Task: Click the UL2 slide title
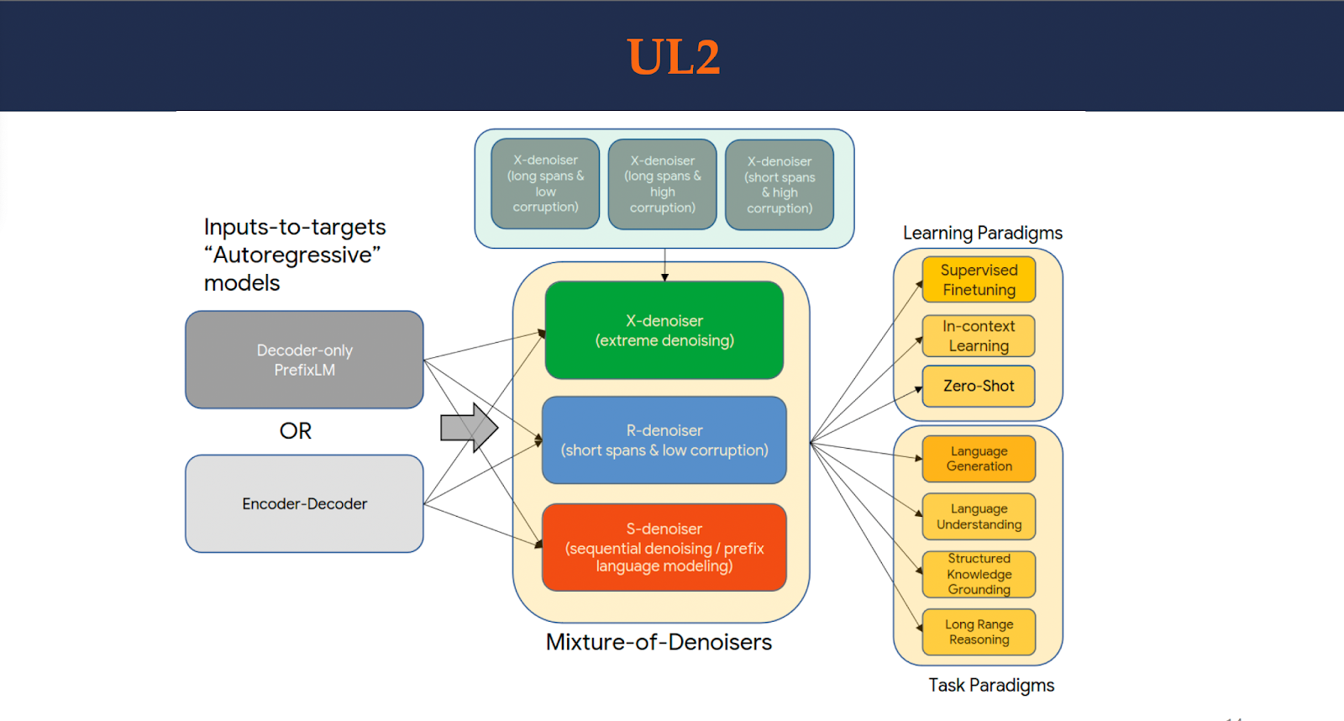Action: pos(673,57)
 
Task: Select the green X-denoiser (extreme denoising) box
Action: pos(664,330)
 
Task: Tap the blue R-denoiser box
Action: pos(664,440)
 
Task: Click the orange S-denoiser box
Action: pos(664,547)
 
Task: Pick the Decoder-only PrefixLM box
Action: pos(304,360)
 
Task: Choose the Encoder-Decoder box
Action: pos(304,503)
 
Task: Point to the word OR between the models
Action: pos(295,431)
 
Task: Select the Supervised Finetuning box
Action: pos(979,280)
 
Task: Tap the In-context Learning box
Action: pos(979,336)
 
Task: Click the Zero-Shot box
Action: pos(979,386)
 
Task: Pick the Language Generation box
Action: pos(979,459)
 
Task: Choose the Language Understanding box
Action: pos(979,517)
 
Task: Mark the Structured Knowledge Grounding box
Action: pos(979,574)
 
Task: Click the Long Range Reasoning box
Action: pos(979,632)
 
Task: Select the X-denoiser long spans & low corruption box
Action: pos(545,183)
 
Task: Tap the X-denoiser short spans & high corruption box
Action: pos(780,185)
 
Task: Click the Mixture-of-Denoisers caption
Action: pos(659,642)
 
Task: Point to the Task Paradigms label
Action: pos(991,685)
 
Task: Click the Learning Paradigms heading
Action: pos(983,233)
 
